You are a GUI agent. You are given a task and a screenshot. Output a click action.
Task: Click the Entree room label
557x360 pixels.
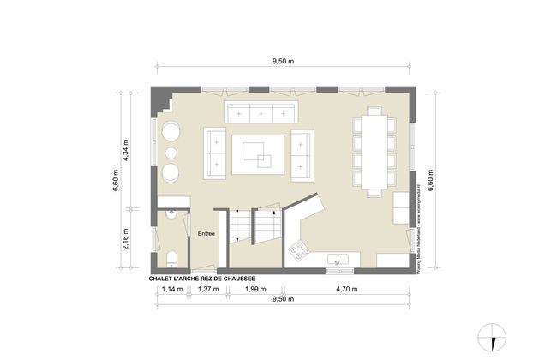click(x=207, y=233)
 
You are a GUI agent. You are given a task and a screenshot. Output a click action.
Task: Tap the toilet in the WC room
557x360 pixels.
click(x=171, y=258)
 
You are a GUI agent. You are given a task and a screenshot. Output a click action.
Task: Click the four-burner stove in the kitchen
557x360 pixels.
click(x=300, y=250)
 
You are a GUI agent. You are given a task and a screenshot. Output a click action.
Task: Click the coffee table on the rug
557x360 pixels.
click(x=258, y=155)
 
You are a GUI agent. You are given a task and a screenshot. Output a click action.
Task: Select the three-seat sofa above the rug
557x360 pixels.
click(x=260, y=112)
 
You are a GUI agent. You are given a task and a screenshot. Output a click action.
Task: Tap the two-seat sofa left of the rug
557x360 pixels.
click(x=215, y=153)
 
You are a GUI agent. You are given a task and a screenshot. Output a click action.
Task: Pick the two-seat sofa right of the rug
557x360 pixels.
click(x=302, y=154)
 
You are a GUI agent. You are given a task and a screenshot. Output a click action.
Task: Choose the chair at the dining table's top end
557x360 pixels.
click(x=374, y=111)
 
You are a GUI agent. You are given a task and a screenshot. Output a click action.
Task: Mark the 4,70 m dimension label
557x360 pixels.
click(x=348, y=289)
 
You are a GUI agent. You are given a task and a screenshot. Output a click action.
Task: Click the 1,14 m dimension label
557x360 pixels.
click(x=173, y=289)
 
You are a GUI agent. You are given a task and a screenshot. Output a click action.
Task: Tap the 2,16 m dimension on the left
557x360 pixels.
click(x=125, y=237)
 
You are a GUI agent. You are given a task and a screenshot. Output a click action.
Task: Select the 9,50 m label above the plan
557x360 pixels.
click(x=284, y=62)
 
